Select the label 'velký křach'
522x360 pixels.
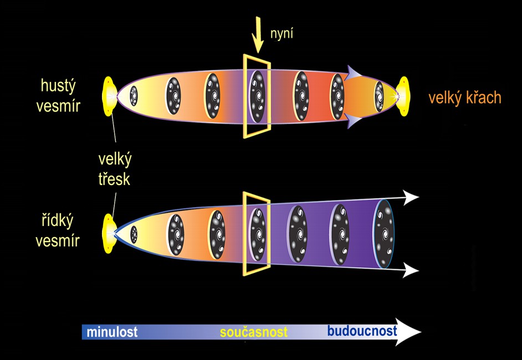tap(464, 98)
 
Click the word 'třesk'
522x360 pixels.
tap(112, 179)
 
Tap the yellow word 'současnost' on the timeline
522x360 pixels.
tap(254, 332)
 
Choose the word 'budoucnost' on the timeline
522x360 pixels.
tap(362, 332)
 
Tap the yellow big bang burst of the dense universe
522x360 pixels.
tap(109, 95)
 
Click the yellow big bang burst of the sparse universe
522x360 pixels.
tap(109, 233)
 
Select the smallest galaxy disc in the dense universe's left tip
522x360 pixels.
tap(134, 96)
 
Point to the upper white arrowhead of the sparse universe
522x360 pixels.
tap(411, 197)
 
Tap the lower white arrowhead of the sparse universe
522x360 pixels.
tap(411, 270)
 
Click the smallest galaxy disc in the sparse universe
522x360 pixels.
tap(134, 235)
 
